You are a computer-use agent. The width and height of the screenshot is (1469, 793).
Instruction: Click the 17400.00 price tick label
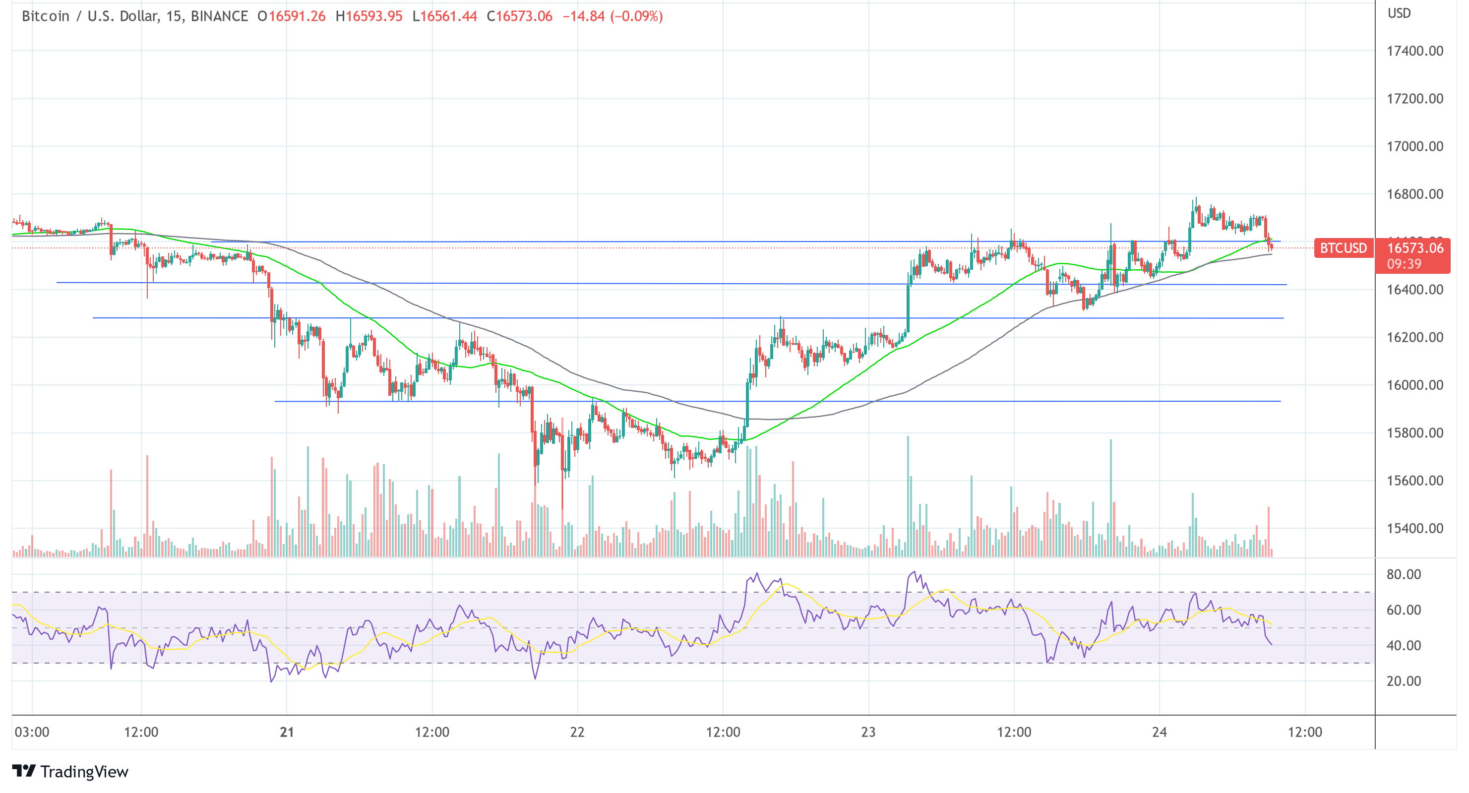(x=1414, y=51)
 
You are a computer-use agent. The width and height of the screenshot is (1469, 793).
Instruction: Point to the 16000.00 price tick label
(x=1414, y=385)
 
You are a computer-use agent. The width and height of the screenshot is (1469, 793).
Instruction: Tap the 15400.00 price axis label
(x=1414, y=529)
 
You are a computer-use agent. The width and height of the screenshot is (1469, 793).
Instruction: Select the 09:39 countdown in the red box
(x=1404, y=264)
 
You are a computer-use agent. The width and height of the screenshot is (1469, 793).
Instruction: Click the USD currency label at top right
(x=1399, y=13)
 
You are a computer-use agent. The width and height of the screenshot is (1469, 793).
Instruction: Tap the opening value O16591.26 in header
(x=292, y=16)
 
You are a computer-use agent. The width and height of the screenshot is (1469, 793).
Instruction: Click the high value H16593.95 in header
(x=369, y=16)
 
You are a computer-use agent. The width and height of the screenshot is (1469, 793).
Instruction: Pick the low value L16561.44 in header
(x=444, y=16)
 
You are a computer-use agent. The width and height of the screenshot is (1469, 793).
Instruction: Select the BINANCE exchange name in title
(x=219, y=16)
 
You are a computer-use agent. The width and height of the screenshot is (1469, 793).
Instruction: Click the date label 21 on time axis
(x=287, y=732)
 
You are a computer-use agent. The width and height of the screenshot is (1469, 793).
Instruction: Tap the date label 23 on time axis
(x=868, y=732)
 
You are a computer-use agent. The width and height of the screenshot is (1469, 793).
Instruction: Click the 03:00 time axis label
(x=32, y=732)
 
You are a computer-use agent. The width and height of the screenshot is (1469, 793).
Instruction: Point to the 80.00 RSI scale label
(x=1404, y=575)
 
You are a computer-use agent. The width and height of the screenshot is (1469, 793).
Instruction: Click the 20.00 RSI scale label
(x=1404, y=681)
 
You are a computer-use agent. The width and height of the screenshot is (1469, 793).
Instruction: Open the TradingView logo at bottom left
(x=70, y=771)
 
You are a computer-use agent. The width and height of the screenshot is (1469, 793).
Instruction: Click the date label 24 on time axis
(x=1159, y=732)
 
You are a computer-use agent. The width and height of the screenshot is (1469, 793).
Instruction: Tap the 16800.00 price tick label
(x=1414, y=194)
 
